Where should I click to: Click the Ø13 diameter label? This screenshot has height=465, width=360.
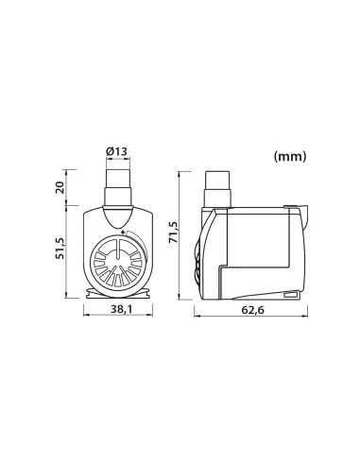(x=117, y=151)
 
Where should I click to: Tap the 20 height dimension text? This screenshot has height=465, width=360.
(x=60, y=187)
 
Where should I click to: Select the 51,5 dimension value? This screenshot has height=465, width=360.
(x=60, y=249)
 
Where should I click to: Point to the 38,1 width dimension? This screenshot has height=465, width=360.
(x=122, y=309)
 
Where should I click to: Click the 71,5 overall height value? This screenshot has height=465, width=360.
(x=174, y=232)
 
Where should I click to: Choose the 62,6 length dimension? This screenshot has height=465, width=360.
(x=253, y=310)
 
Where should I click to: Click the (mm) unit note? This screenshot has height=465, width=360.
(x=290, y=156)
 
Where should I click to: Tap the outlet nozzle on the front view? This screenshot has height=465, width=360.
(x=118, y=187)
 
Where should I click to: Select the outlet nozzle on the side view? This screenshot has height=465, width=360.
(x=217, y=189)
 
